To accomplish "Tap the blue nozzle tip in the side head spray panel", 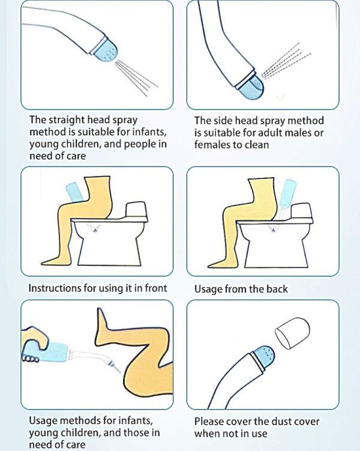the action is coord(252,88).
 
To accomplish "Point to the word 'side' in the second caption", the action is coord(223,121).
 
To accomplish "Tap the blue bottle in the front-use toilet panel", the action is coord(75,192).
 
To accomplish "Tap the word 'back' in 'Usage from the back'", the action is coord(277,289).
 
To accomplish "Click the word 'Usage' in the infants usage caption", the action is coord(42,420).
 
